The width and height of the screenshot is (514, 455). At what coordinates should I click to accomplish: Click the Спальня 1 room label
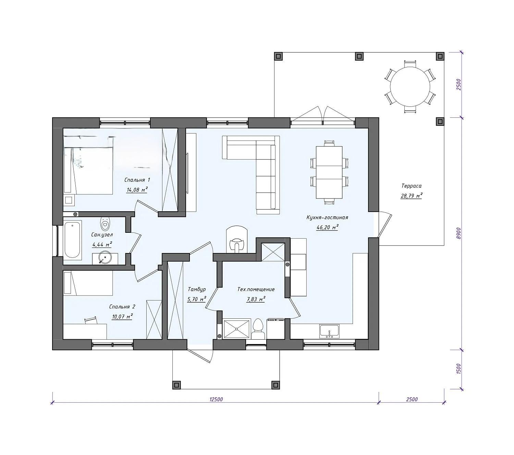coord(137,180)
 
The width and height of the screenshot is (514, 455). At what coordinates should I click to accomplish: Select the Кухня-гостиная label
coord(327,217)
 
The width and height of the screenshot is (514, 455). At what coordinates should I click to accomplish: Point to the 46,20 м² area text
coord(327,227)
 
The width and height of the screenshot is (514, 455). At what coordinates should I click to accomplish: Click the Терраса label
coord(411,186)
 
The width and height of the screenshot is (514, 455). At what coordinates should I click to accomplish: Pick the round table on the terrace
coord(410,87)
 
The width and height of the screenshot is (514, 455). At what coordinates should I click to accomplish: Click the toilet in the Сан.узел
coord(105,223)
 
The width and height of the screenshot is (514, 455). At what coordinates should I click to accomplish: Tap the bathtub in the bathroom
coord(73,240)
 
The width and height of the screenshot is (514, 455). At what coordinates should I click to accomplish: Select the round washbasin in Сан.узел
coord(105,257)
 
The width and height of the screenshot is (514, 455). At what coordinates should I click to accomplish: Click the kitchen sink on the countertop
coord(329,331)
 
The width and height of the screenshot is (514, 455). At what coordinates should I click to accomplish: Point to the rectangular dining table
coord(329,172)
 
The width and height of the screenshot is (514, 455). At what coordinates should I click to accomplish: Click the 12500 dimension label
coord(216,400)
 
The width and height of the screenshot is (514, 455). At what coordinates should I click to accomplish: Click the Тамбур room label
coord(197,290)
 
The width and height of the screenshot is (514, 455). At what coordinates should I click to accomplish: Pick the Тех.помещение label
coord(256,290)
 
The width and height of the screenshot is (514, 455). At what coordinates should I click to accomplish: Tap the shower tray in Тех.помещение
coord(236,329)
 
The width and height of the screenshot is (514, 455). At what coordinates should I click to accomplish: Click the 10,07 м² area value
coord(122,317)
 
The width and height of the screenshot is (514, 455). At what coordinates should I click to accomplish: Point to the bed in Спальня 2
coord(88,283)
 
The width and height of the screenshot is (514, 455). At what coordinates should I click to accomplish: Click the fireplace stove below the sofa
coord(236,240)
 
